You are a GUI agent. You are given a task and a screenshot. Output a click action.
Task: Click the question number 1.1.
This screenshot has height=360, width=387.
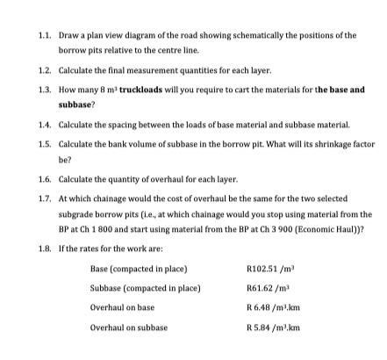(x=46, y=35)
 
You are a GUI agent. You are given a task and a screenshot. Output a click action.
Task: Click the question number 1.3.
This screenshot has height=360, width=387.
(x=46, y=90)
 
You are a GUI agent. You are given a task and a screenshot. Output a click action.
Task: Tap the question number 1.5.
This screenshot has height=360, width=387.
(x=46, y=144)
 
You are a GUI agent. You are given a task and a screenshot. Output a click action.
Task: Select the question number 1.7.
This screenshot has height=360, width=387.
(x=46, y=199)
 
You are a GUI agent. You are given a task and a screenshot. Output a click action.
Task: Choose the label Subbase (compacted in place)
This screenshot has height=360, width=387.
(x=146, y=287)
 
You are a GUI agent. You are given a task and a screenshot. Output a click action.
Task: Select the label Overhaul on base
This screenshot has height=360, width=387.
(x=122, y=307)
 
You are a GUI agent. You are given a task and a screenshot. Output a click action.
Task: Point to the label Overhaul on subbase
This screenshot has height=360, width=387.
(x=129, y=328)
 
